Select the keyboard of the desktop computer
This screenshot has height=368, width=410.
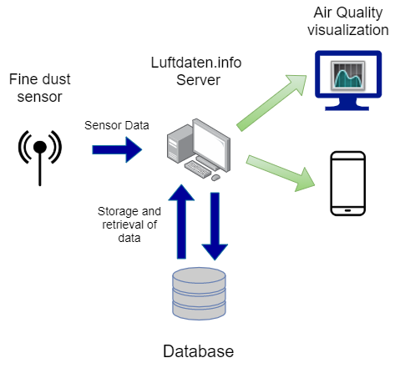(199, 169)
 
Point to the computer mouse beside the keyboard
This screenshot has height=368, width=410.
(215, 177)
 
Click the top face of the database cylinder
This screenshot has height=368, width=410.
(199, 275)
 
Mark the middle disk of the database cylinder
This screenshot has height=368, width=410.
(199, 294)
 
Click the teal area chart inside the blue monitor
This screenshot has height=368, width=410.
(347, 78)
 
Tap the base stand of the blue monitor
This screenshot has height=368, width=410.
(347, 106)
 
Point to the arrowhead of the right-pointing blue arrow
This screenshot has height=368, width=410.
(134, 149)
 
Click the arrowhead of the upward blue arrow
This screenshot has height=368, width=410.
(181, 194)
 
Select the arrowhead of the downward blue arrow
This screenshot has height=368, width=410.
(215, 251)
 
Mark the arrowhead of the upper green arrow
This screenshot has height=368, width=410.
(297, 83)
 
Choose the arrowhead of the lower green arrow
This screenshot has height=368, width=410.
(306, 180)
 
